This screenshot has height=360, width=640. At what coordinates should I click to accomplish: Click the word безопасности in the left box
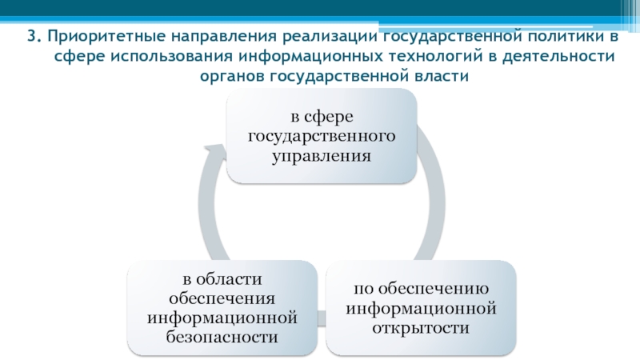pyautogui.click(x=223, y=337)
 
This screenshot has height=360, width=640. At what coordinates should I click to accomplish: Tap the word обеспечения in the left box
pyautogui.click(x=223, y=298)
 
